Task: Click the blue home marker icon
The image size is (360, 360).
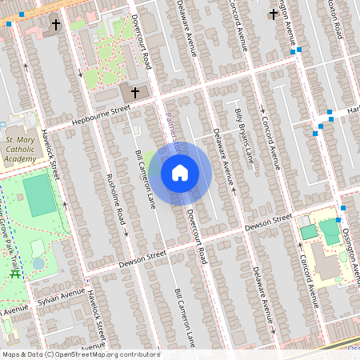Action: pos(180,173)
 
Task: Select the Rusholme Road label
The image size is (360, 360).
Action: pos(114,199)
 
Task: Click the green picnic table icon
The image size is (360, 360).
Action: pos(14,274)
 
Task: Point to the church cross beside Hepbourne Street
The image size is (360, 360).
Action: pos(134,93)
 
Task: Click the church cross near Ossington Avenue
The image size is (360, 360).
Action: pos(274,13)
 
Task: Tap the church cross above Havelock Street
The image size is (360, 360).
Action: pos(56,25)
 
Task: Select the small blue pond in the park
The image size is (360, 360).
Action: pos(38,262)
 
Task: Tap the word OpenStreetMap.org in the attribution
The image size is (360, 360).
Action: pos(96,354)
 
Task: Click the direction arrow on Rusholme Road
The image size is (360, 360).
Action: pos(126,233)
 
